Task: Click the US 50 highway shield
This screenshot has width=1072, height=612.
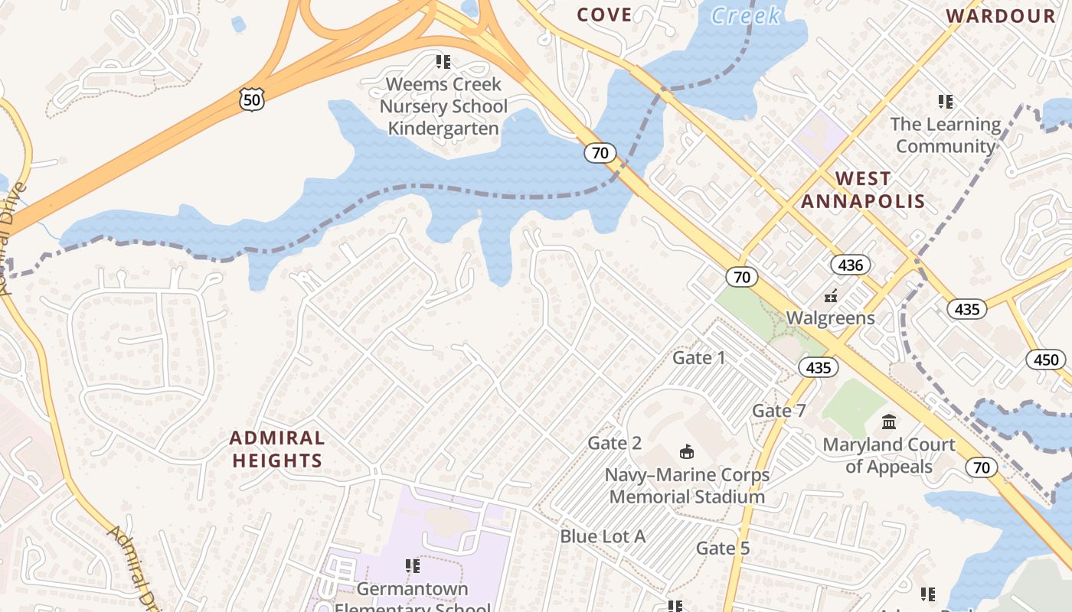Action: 251,99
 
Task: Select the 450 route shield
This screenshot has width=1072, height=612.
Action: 1045,360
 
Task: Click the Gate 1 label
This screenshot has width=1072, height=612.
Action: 698,357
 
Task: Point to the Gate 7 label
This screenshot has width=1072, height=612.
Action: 779,411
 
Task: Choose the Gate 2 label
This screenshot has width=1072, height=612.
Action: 614,443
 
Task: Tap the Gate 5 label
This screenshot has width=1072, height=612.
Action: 723,548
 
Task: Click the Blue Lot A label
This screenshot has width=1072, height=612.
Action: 603,536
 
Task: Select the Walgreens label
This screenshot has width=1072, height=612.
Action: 830,317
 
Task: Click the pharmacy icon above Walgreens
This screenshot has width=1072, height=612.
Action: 830,295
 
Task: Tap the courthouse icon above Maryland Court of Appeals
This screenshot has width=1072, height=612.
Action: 889,422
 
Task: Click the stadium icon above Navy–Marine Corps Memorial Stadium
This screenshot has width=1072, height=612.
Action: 687,452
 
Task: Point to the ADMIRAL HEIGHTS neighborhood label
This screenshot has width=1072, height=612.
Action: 277,449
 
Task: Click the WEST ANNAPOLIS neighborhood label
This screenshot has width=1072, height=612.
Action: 863,190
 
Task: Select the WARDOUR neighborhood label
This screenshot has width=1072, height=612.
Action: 1001,16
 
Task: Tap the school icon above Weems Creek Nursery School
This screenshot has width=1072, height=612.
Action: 443,61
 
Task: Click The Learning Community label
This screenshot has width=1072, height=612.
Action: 946,135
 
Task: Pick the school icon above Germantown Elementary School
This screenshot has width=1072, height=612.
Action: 413,566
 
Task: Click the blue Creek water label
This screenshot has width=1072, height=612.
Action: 745,15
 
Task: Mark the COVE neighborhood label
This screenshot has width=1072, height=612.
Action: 604,15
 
